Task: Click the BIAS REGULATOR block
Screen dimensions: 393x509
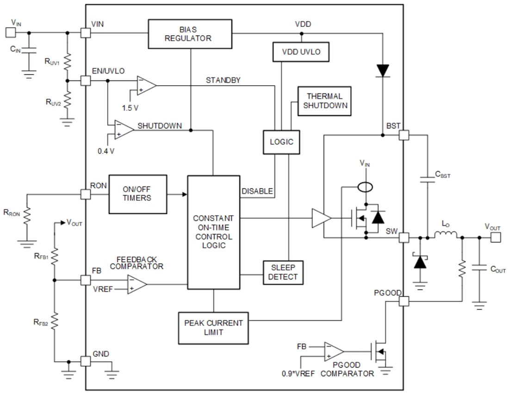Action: (x=190, y=34)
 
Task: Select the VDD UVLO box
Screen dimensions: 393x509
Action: (x=301, y=52)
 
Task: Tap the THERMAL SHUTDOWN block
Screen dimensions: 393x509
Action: (x=324, y=101)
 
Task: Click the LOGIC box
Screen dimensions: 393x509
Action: (x=281, y=142)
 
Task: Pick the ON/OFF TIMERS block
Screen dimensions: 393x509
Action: (x=137, y=194)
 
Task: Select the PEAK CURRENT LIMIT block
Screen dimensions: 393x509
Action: (x=213, y=328)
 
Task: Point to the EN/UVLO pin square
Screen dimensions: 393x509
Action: (x=85, y=81)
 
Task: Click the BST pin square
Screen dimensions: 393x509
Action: (x=403, y=135)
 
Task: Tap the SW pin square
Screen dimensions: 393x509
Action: (x=403, y=238)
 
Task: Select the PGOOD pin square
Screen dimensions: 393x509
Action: (x=403, y=301)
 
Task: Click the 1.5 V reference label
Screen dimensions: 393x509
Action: (x=130, y=107)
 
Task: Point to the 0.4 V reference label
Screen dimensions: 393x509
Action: (x=106, y=151)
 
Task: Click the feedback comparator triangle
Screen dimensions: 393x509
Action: (x=137, y=284)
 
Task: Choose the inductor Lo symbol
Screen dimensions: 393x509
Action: (x=445, y=236)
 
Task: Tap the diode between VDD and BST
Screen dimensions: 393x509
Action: (x=383, y=70)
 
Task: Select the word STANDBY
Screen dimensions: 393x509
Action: (x=223, y=81)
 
